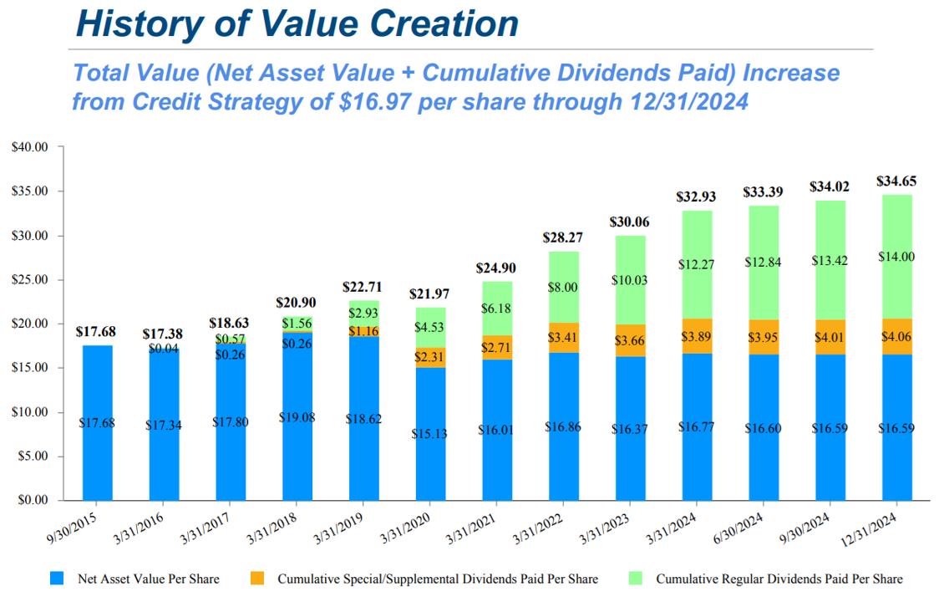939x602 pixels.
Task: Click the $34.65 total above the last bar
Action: tap(895, 181)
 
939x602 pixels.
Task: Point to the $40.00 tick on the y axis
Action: tap(30, 147)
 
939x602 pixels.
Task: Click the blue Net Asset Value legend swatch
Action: tap(58, 578)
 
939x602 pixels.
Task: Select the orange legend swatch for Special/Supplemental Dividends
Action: tap(257, 578)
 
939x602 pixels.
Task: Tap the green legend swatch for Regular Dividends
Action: tap(636, 578)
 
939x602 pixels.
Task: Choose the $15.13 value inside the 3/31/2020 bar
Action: tap(429, 434)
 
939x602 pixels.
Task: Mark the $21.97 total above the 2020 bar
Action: tap(429, 294)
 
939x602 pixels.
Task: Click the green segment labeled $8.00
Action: tap(562, 286)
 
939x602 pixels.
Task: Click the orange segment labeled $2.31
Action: tap(429, 357)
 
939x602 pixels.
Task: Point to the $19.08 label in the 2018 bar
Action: tap(297, 416)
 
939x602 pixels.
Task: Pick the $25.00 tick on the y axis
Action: tap(30, 280)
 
